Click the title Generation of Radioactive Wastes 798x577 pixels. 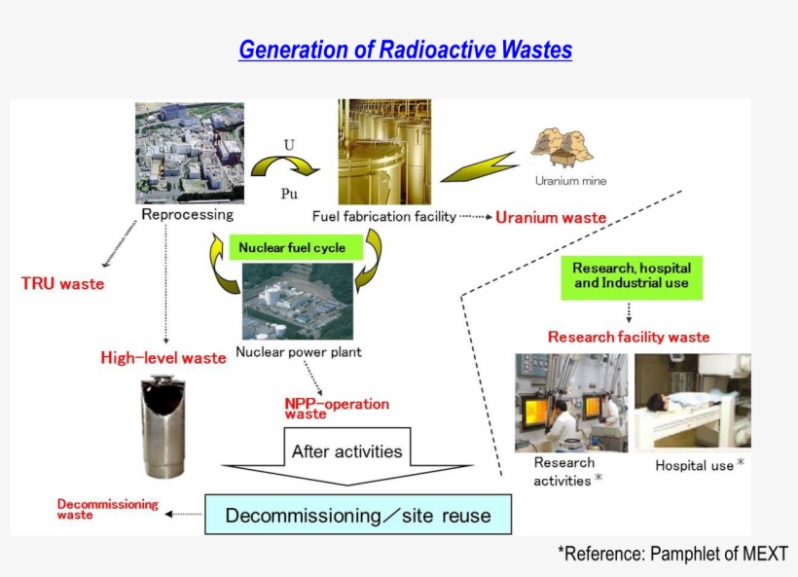point(405,50)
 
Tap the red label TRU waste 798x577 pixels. point(62,284)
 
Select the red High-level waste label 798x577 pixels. point(163,358)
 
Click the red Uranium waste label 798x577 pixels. point(551,218)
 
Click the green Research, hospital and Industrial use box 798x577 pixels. point(632,275)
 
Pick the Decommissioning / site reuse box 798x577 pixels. point(358,515)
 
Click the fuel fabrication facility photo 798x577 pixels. point(384,152)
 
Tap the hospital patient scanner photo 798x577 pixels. point(693,401)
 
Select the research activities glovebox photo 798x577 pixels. point(570,402)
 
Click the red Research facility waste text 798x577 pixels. point(629,338)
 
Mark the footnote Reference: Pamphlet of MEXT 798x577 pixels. point(672,554)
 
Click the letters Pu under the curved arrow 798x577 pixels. point(289,194)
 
